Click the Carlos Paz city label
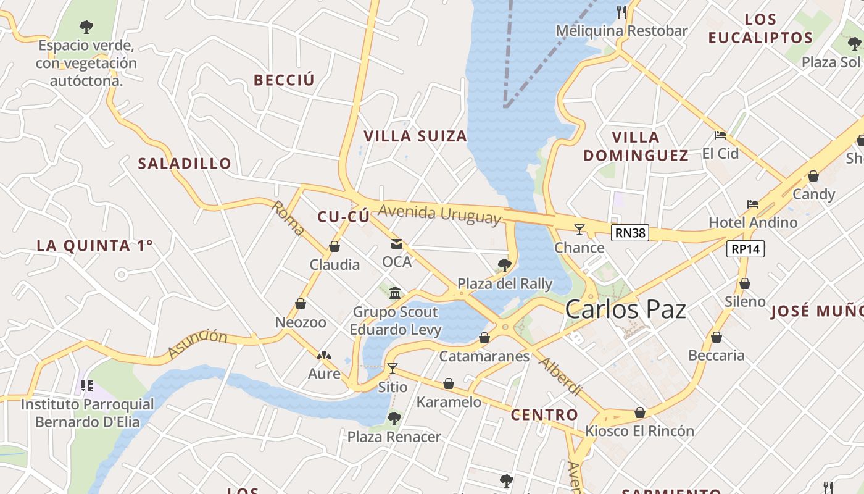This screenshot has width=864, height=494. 625,309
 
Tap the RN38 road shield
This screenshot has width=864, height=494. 630,233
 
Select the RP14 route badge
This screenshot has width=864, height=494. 746,249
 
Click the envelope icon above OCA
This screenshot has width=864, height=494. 396,244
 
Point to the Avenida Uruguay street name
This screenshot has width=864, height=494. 439,214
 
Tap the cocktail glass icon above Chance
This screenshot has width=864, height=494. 579,230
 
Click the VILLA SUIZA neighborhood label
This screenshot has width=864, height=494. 415,136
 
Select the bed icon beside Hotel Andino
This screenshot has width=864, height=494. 752,204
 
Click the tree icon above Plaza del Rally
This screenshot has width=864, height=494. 504,266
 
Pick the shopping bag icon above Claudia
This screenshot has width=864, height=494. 334,246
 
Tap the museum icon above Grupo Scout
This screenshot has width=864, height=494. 395,293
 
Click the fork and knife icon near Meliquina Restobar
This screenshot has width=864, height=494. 621,12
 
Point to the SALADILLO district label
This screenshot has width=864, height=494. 185,164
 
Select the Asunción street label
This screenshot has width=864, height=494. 197,344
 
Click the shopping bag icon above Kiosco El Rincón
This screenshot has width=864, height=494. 640,412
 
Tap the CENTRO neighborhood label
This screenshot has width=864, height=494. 544,415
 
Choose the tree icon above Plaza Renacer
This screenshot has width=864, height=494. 394,419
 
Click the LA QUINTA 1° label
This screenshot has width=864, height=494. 94,246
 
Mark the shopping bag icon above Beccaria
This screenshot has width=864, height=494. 716,337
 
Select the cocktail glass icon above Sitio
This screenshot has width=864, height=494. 392,369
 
